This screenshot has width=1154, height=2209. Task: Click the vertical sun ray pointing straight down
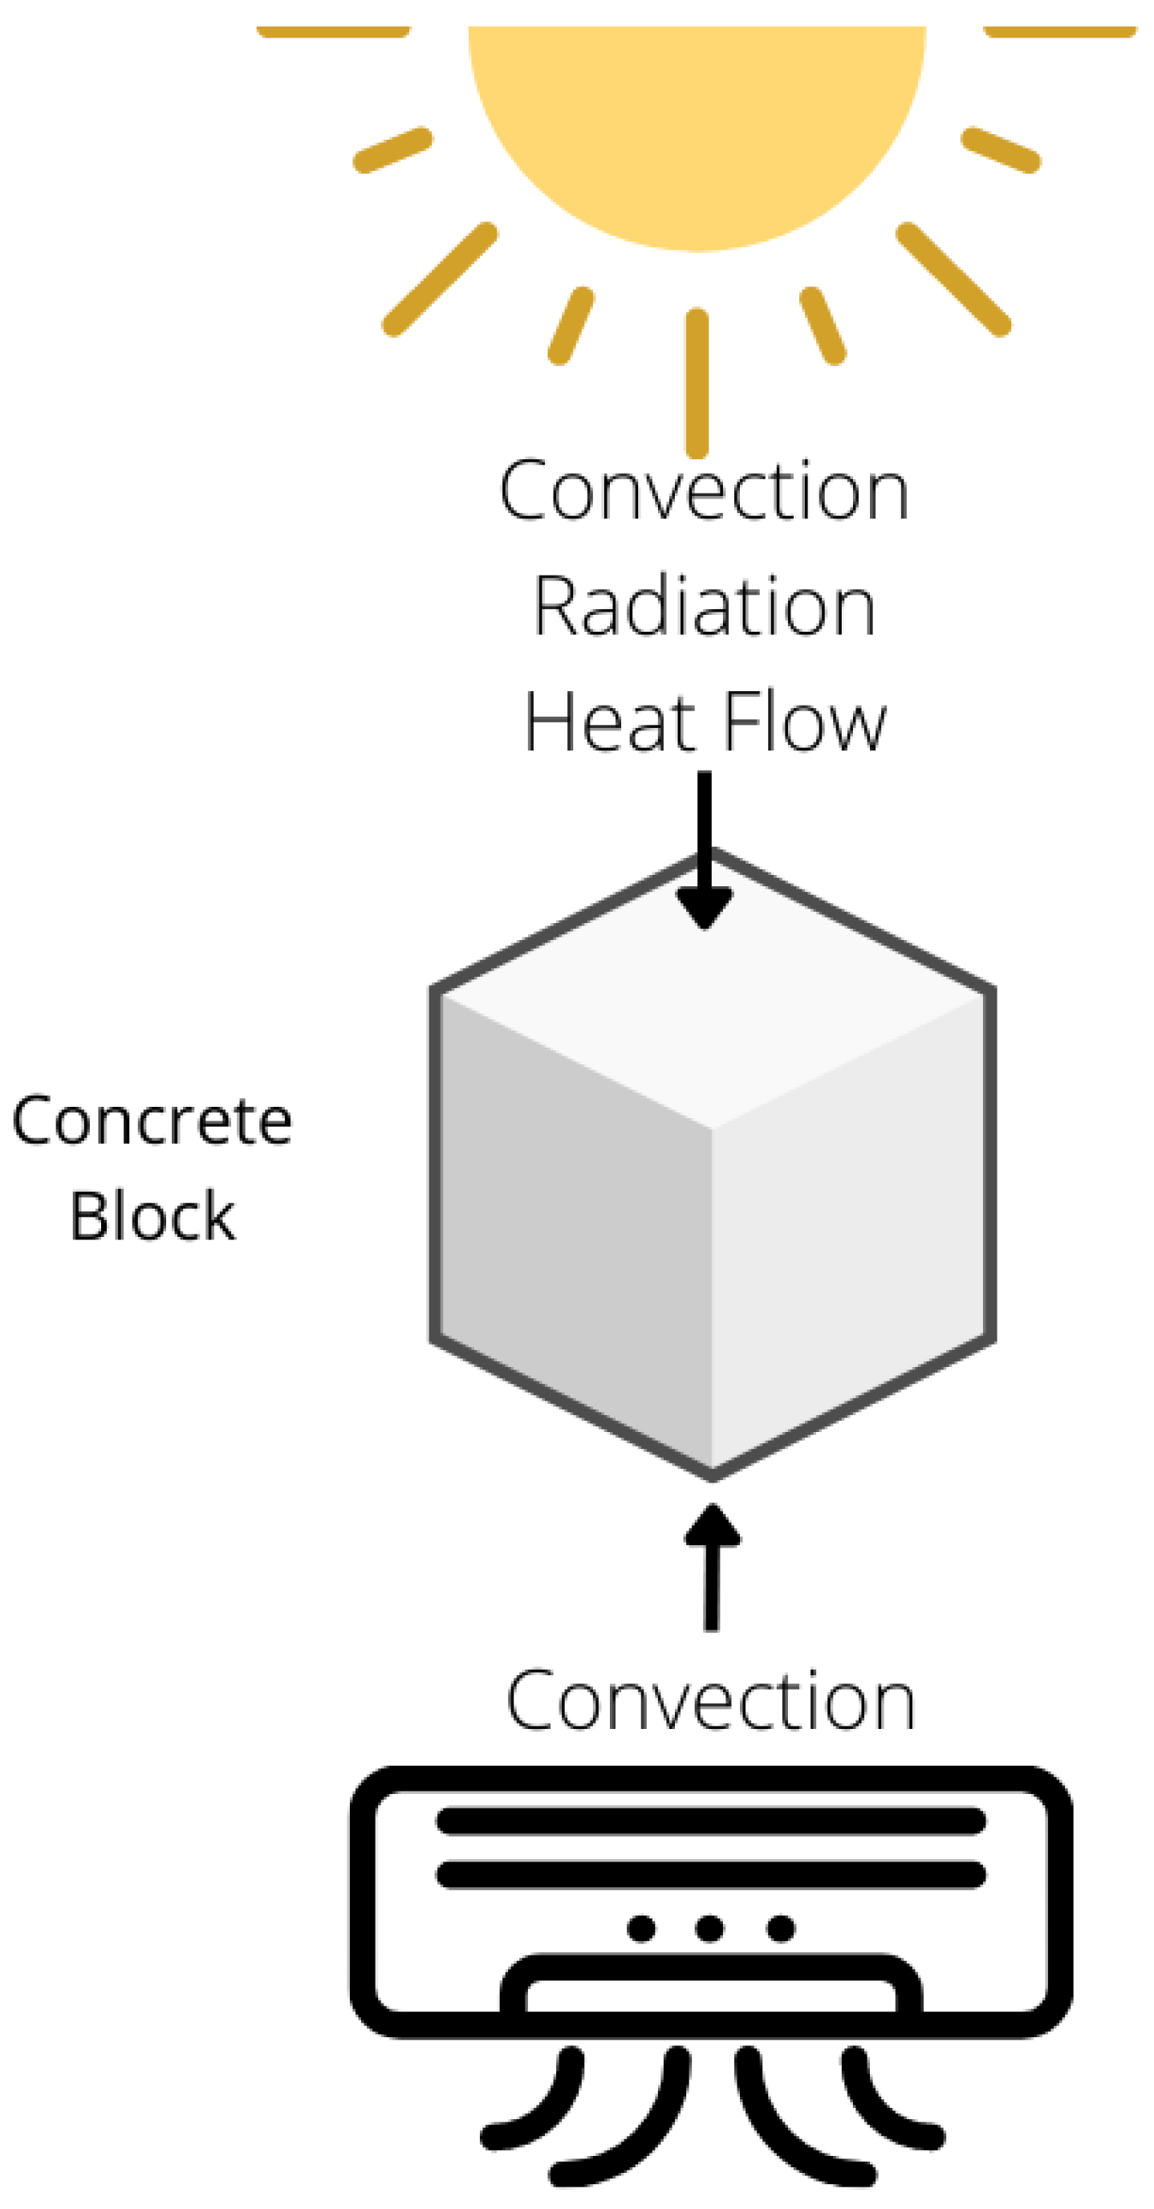coord(697,382)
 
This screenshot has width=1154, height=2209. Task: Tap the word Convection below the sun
coord(703,492)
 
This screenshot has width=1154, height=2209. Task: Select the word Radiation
coord(704,607)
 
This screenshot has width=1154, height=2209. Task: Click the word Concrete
coord(152,1121)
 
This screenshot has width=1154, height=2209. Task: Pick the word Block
coord(152,1216)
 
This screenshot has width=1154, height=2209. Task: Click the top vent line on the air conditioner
coord(710,1820)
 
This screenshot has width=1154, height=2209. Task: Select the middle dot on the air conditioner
coord(709,1929)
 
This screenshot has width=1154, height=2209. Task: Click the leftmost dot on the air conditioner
coord(641,1929)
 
